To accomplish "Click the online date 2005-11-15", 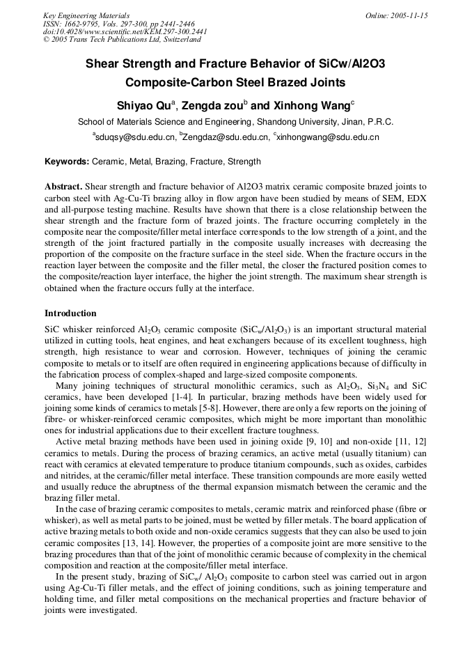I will [404, 15].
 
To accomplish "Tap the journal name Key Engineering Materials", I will [86, 15].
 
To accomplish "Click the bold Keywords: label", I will [67, 162].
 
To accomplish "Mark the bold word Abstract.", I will [63, 187].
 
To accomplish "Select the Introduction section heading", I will [70, 313].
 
